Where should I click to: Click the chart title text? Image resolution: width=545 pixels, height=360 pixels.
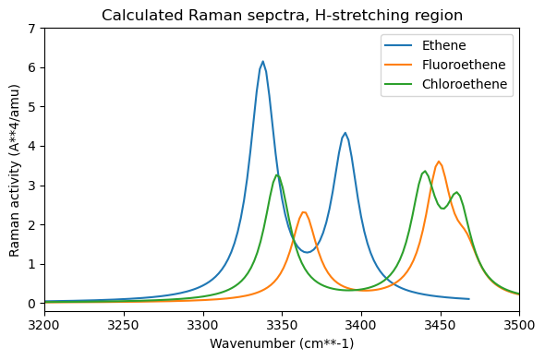(x=282, y=15)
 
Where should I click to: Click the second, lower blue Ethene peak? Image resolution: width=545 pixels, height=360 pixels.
(x=345, y=133)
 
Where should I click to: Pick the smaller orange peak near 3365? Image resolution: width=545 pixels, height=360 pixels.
(x=304, y=212)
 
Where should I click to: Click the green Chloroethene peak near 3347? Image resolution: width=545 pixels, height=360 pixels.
(x=277, y=174)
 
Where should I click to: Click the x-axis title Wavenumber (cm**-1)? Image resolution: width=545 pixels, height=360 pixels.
(x=282, y=344)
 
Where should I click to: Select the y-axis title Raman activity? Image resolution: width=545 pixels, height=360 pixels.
(x=15, y=166)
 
